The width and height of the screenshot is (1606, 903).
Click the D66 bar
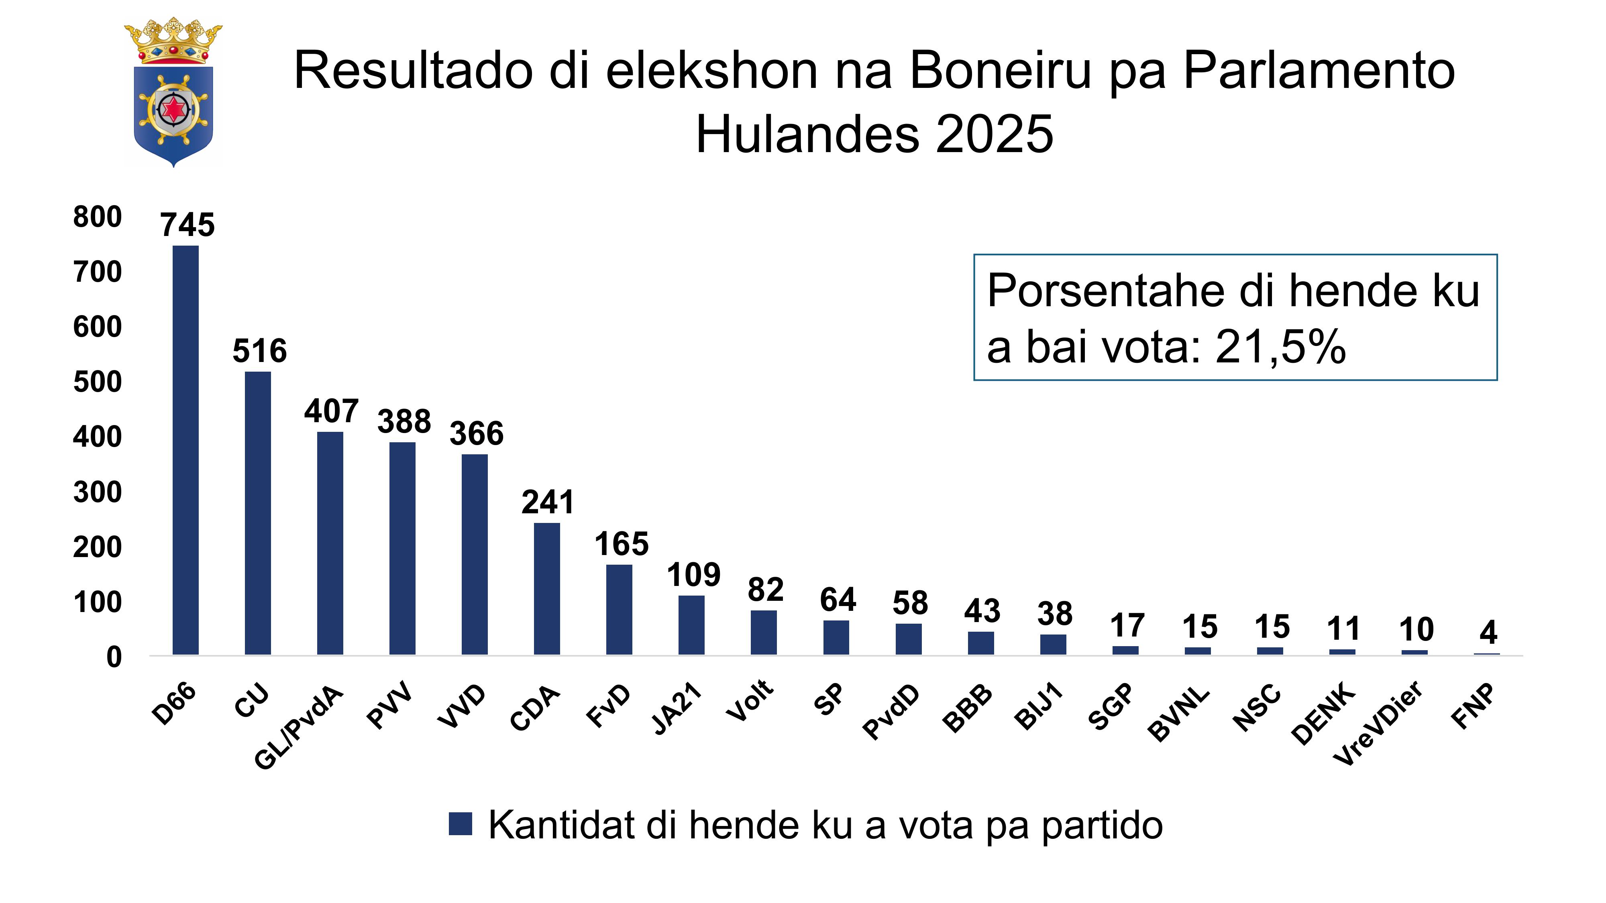[x=186, y=450]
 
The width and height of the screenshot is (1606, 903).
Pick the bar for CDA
[x=547, y=588]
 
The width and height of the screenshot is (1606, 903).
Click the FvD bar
[x=619, y=610]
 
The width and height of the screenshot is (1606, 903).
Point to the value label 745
[x=188, y=224]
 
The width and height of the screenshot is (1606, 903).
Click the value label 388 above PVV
[x=404, y=422]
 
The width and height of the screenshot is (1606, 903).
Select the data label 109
[x=693, y=575]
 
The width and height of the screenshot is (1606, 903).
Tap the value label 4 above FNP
[x=1488, y=633]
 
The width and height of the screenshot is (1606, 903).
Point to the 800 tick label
[x=97, y=217]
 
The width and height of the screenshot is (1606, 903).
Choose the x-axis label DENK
[x=1323, y=714]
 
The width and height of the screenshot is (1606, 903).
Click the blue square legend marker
[x=460, y=824]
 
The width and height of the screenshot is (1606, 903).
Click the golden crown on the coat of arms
[x=173, y=41]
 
